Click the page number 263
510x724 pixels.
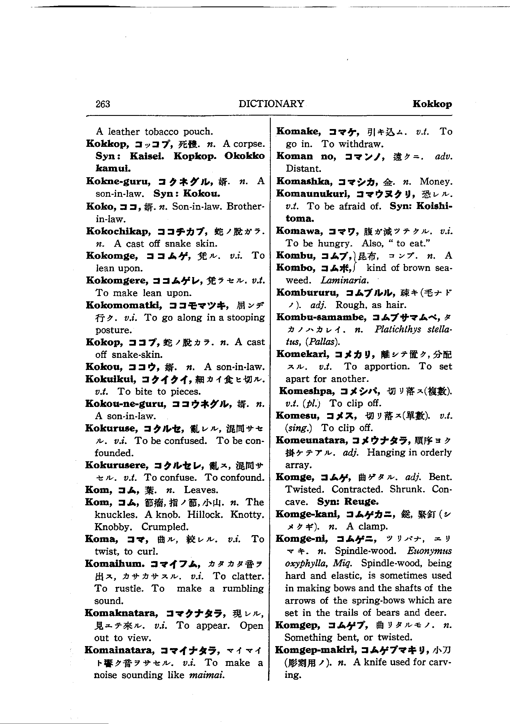[x=103, y=104]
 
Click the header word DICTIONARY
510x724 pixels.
[x=271, y=104]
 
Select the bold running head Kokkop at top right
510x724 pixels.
[x=432, y=104]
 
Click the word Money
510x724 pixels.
[x=436, y=181]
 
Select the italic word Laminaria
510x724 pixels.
[x=345, y=280]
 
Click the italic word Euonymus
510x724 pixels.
[x=429, y=551]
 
